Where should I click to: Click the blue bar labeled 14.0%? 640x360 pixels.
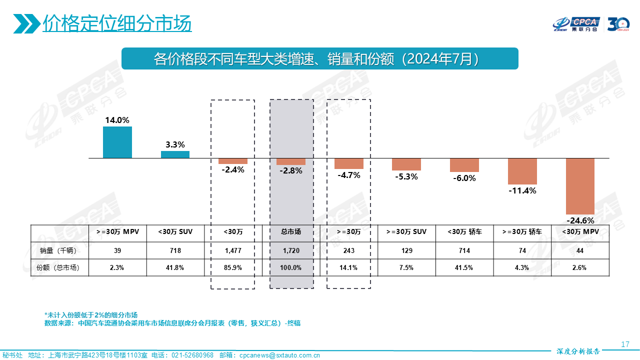(117, 142)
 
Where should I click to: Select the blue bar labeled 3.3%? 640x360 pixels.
(175, 154)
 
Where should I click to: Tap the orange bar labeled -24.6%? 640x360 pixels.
(580, 186)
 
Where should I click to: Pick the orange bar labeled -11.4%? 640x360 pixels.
(522, 171)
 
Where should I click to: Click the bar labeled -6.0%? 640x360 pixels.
(464, 165)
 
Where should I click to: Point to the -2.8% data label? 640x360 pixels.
(291, 170)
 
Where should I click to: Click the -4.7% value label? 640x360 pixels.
(349, 175)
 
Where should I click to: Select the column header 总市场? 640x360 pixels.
(291, 232)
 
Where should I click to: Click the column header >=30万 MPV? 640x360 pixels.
(117, 232)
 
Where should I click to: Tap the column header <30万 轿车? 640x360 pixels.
(464, 232)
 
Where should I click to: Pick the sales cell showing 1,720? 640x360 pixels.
(291, 250)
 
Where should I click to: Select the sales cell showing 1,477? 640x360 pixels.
(233, 250)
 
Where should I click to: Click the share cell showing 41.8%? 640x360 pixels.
(175, 267)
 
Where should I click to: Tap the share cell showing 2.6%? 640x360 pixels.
(580, 267)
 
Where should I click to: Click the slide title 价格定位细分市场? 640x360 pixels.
(117, 23)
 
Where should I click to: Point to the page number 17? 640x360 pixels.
(624, 344)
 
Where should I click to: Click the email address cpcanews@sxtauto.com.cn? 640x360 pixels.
(279, 355)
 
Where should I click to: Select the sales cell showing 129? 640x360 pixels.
(406, 250)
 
